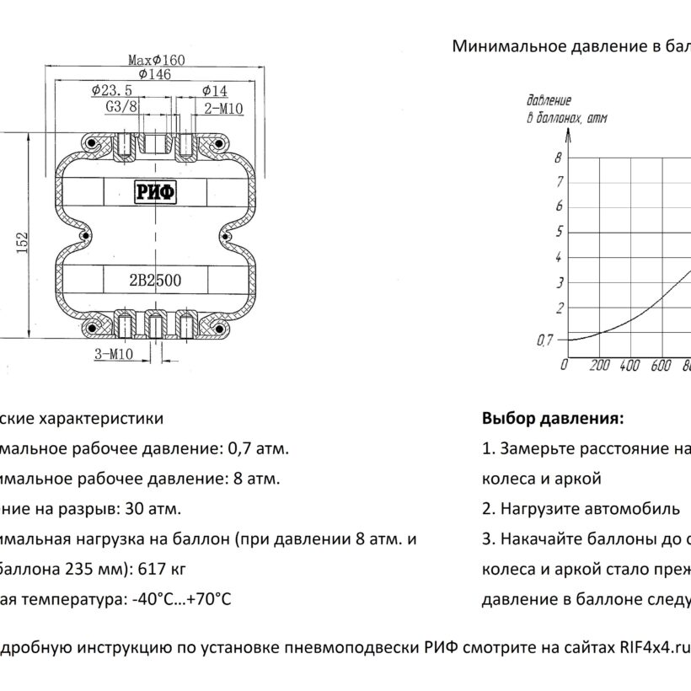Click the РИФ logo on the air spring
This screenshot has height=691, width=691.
pos(155,192)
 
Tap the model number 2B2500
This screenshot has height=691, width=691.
pos(155,281)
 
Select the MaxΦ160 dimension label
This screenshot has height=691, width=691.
pos(157,60)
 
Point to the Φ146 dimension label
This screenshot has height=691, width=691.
pos(155,74)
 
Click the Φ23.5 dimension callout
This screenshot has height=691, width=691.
pos(112,90)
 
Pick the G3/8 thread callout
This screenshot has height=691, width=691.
pos(121,107)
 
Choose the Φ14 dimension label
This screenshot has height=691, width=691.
pos(215,91)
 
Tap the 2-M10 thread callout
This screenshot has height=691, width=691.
pos(223,109)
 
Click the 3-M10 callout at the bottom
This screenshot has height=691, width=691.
pos(114,353)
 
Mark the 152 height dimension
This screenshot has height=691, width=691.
pos(22,243)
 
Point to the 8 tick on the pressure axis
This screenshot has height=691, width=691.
pos(559,158)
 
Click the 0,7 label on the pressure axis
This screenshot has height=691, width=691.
pos(544,340)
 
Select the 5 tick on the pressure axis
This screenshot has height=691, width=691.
pos(559,232)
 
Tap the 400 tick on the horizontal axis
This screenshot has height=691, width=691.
pos(629,366)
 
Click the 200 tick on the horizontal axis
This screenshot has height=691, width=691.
pos(600,366)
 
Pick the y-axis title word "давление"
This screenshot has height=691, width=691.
pos(549,100)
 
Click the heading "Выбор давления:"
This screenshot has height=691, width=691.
pos(553,418)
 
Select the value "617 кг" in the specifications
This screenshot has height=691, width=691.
pos(162,569)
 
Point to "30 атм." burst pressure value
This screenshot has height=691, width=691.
pos(153,509)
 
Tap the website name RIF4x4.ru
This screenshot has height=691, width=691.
pos(654,647)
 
